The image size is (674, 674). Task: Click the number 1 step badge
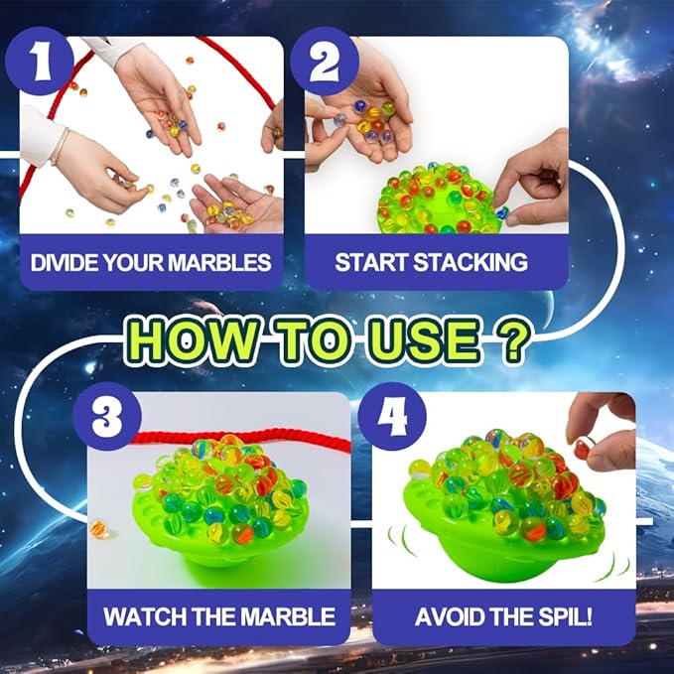pos(40,61)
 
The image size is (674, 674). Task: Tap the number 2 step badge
pos(325,61)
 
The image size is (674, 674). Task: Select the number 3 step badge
pos(107,416)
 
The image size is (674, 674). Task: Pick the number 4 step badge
pos(392,416)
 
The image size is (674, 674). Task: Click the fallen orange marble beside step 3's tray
pos(98,529)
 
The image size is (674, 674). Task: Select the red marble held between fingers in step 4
pos(582,448)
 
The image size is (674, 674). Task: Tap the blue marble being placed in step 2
pos(501,212)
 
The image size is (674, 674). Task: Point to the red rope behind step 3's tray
pos(240,440)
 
